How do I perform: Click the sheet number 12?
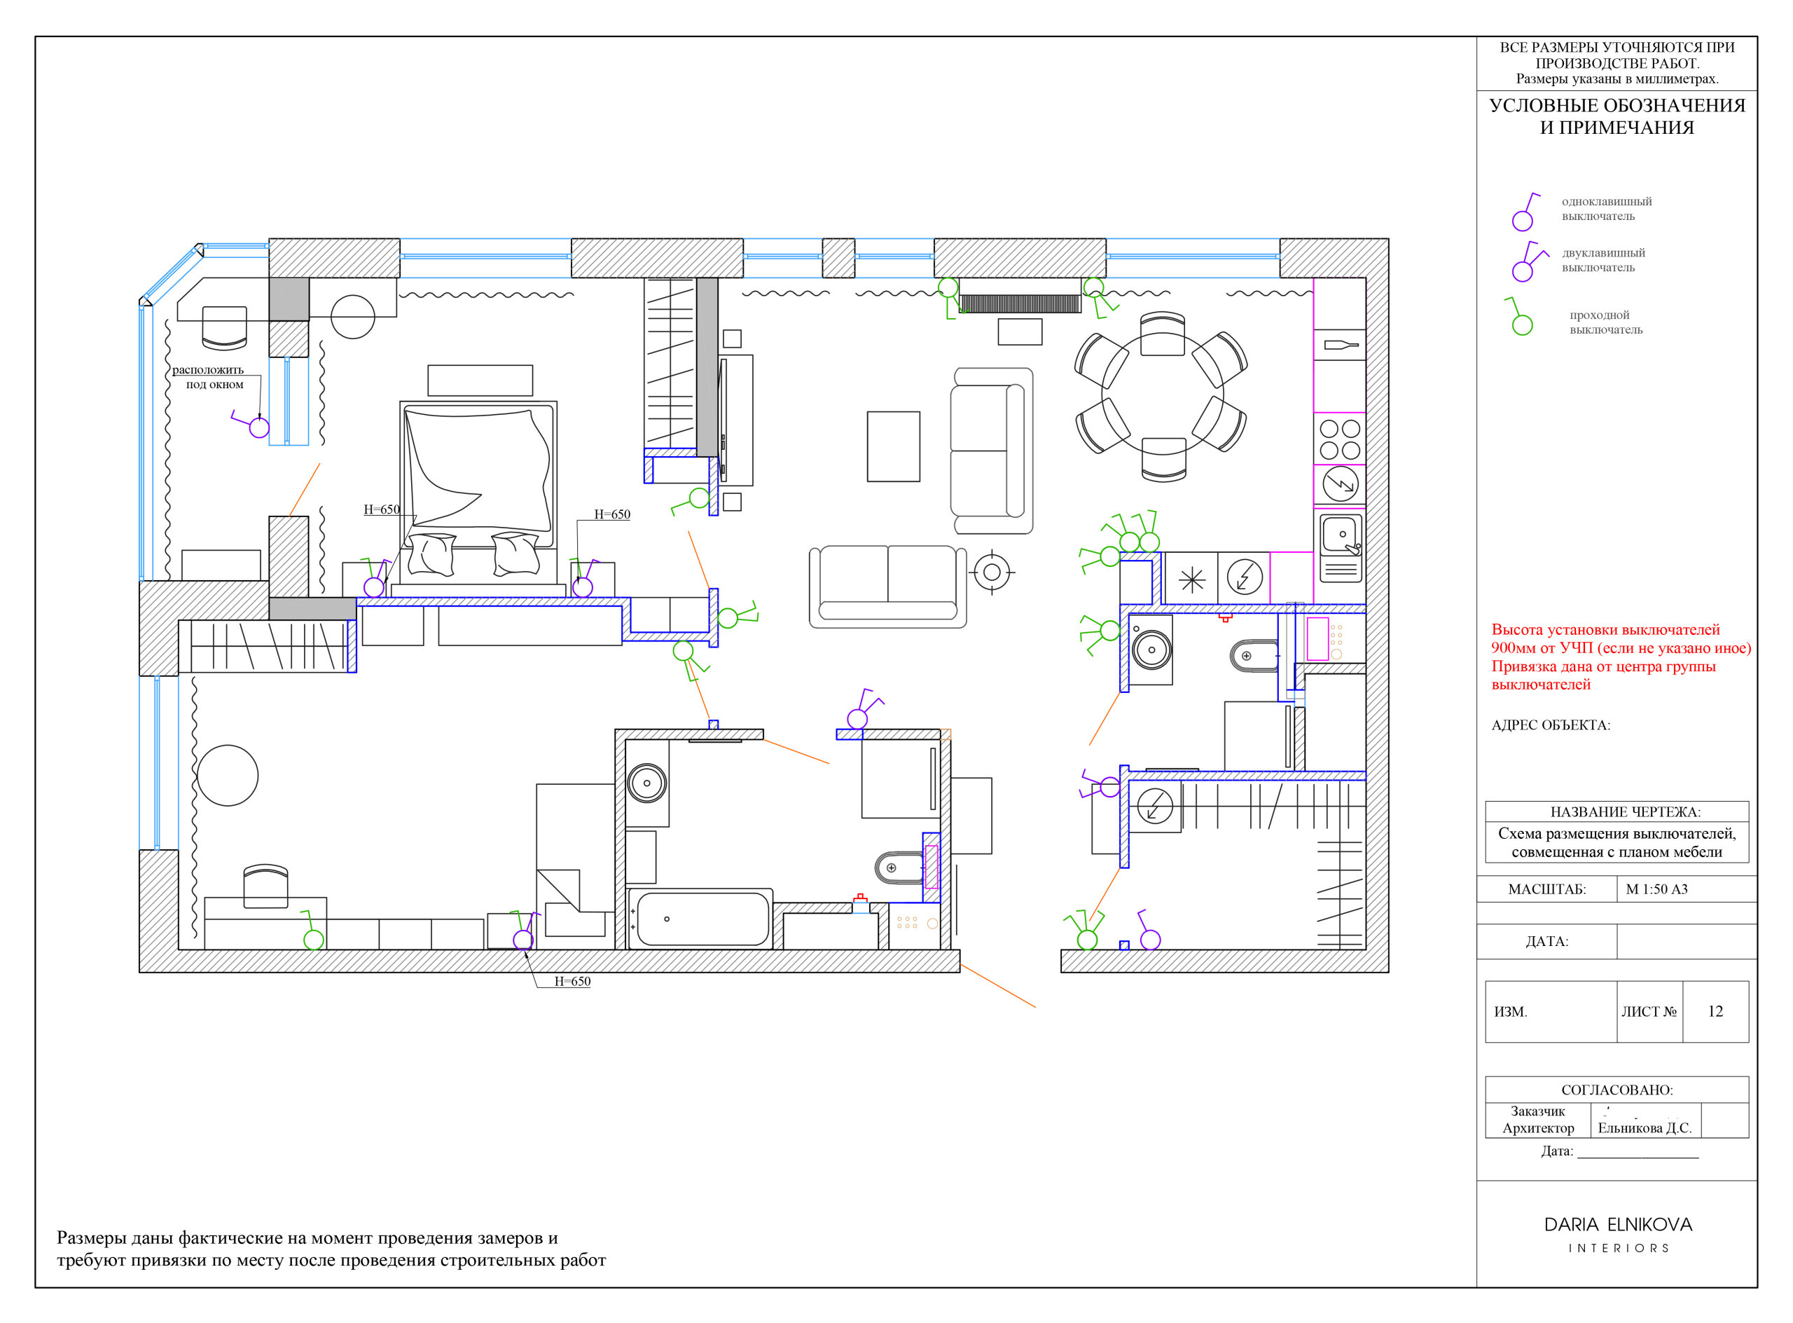(1715, 1011)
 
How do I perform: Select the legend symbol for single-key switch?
(1525, 212)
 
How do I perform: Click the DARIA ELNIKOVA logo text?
(1618, 1224)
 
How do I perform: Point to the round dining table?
(1162, 393)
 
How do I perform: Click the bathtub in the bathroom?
(701, 919)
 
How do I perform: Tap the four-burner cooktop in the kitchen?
(1340, 439)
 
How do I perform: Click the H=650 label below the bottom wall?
(572, 982)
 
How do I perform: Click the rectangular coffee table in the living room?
(893, 447)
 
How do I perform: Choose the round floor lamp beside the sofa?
(992, 573)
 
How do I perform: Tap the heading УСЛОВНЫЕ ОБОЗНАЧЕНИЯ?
(1617, 106)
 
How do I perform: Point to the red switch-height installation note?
(1620, 657)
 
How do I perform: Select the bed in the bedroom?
(478, 493)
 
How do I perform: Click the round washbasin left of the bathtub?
(646, 783)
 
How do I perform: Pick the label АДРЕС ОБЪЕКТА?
(1551, 725)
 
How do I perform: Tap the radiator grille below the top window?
(1020, 303)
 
